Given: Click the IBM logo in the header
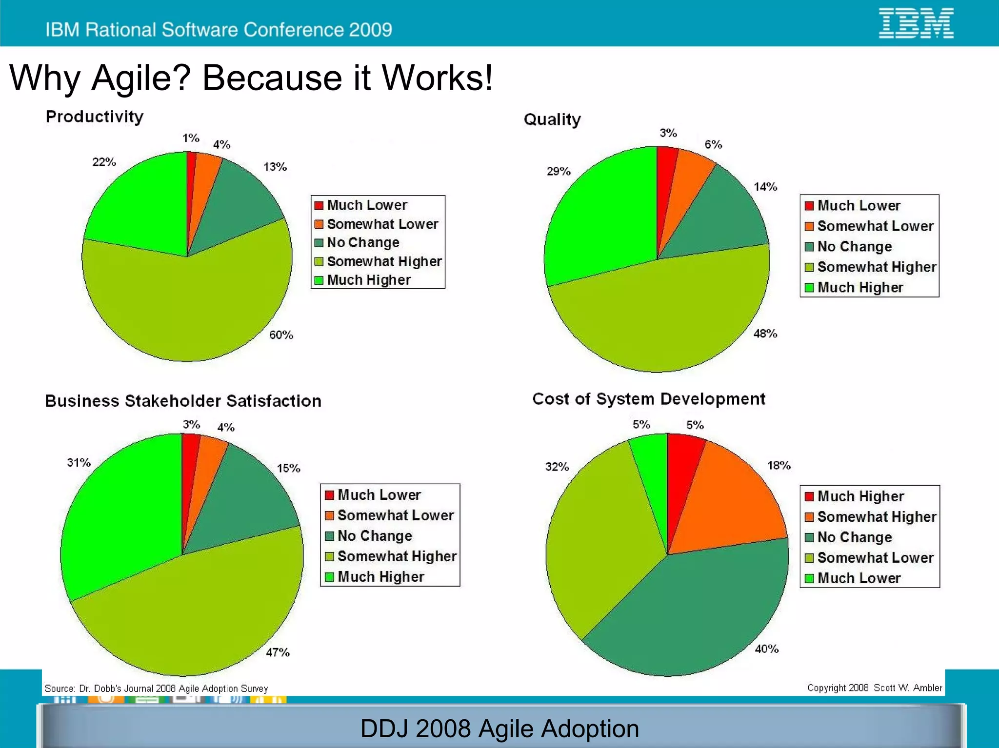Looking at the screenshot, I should pyautogui.click(x=916, y=23).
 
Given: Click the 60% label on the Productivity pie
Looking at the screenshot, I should pyautogui.click(x=281, y=335).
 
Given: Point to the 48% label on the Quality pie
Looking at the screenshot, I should pyautogui.click(x=765, y=334).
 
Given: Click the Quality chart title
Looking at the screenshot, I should pyautogui.click(x=552, y=119).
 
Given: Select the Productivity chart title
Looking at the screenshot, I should pyautogui.click(x=95, y=117).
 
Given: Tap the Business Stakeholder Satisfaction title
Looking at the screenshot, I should pyautogui.click(x=183, y=401).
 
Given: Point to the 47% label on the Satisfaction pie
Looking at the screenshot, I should pyautogui.click(x=278, y=652).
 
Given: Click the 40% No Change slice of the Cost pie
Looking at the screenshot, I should pyautogui.click(x=698, y=614).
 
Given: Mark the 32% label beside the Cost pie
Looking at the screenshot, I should pyautogui.click(x=557, y=467).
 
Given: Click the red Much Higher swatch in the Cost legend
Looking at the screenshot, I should pyautogui.click(x=809, y=496).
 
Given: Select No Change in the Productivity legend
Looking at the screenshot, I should pyautogui.click(x=363, y=242).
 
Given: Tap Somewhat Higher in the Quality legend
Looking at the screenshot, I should pyautogui.click(x=877, y=267).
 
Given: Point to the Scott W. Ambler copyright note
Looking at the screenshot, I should pyautogui.click(x=874, y=688).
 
